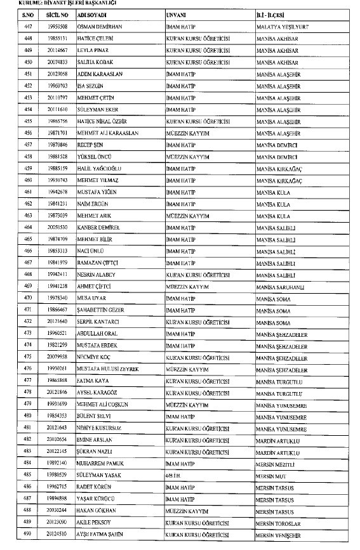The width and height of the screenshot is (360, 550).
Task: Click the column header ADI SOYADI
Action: (91, 12)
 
